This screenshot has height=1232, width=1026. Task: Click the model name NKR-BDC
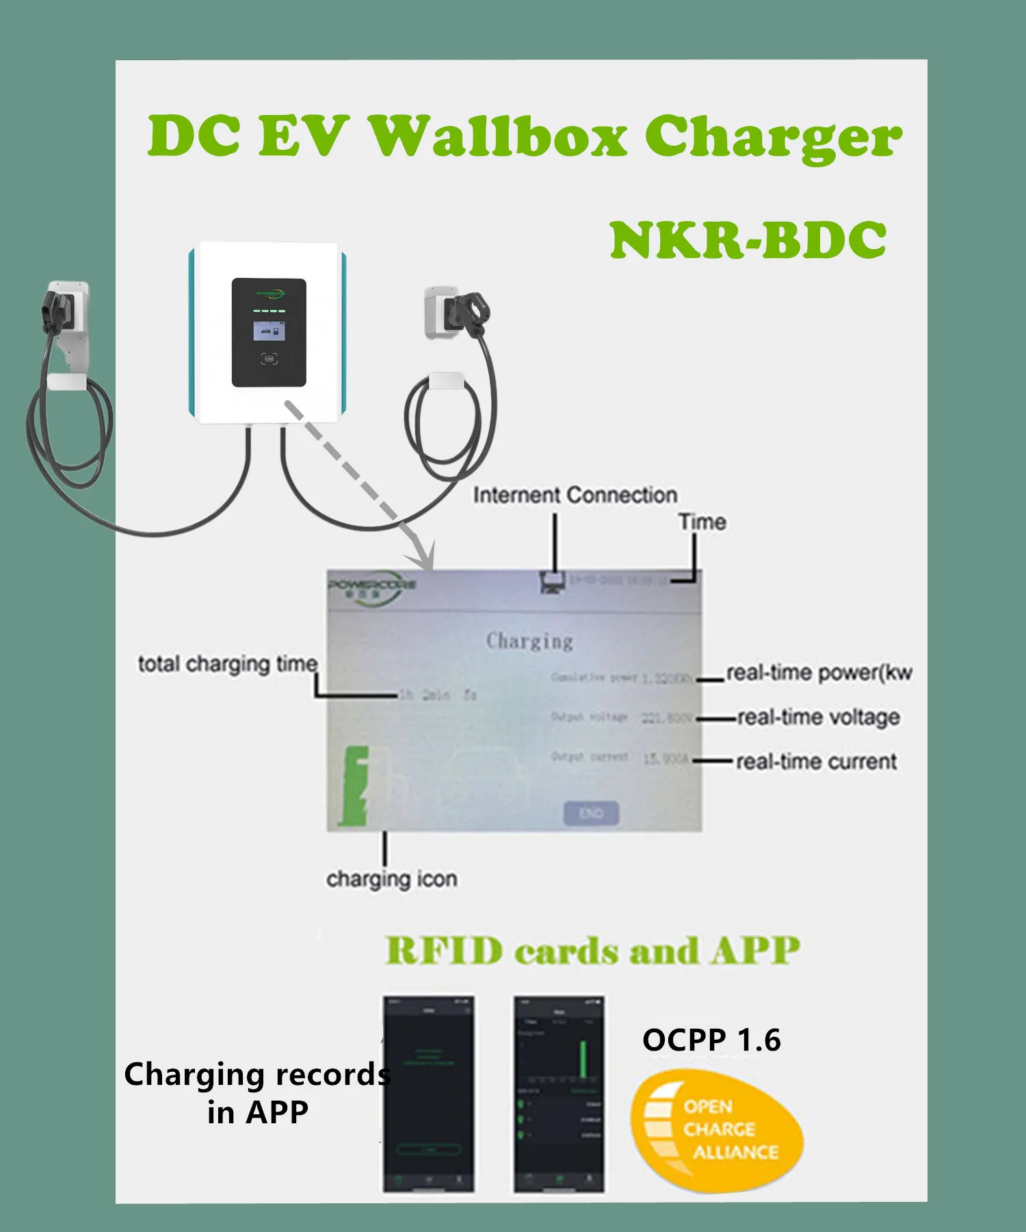click(748, 241)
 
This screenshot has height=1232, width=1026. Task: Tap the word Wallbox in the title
click(497, 135)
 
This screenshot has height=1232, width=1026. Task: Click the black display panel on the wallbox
click(269, 333)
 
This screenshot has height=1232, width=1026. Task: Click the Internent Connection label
click(575, 495)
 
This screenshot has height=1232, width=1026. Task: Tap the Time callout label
click(702, 522)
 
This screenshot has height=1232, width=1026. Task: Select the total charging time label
click(228, 664)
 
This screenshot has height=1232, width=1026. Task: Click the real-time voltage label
click(818, 717)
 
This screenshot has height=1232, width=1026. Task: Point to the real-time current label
click(816, 762)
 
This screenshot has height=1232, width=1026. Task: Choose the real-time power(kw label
click(819, 673)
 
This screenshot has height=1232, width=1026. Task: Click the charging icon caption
click(391, 879)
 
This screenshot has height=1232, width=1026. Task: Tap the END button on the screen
click(591, 813)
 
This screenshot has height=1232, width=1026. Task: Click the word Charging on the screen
click(529, 641)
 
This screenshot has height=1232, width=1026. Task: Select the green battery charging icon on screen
click(355, 786)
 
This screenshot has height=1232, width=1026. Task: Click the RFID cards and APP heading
click(592, 951)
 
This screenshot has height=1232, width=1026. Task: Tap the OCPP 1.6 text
click(711, 1040)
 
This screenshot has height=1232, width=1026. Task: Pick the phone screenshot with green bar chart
click(559, 1094)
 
